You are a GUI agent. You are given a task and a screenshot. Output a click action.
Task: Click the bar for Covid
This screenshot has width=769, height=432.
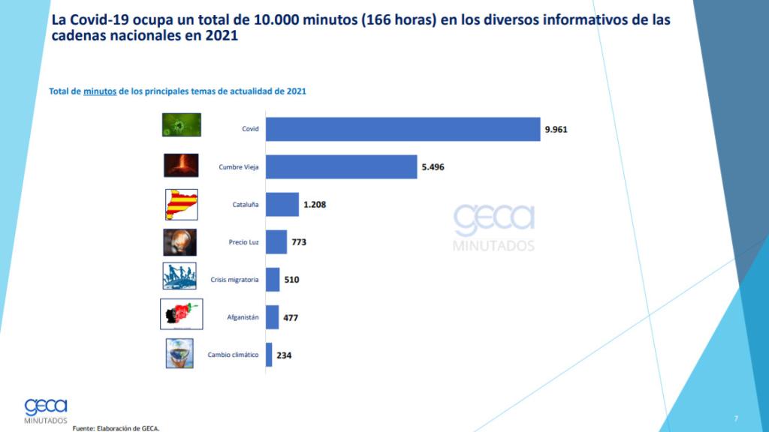click(x=403, y=129)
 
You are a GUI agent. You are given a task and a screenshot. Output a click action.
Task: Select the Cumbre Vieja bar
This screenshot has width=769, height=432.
click(x=341, y=166)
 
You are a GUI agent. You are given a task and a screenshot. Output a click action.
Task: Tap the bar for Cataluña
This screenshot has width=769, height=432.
click(x=282, y=204)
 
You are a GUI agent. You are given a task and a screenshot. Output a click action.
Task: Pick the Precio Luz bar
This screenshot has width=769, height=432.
click(x=276, y=242)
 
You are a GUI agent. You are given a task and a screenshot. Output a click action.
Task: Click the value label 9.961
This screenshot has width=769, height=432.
click(x=556, y=129)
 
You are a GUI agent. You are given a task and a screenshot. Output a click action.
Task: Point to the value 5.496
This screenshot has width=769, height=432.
click(x=433, y=166)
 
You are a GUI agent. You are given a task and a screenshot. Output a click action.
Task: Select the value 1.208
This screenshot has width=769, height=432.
click(x=314, y=204)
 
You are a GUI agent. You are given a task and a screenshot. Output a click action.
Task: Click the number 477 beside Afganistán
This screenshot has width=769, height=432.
click(x=291, y=318)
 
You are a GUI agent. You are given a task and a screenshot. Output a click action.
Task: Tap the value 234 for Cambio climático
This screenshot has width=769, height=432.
click(x=283, y=355)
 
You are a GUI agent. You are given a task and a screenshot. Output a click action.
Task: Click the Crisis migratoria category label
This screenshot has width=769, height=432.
click(x=234, y=280)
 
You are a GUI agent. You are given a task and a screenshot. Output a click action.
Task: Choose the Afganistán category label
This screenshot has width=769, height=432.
click(x=243, y=318)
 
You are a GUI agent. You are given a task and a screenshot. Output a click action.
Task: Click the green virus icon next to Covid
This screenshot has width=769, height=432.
click(x=181, y=124)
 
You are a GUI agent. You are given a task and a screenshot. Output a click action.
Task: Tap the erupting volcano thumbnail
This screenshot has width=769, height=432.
click(x=181, y=165)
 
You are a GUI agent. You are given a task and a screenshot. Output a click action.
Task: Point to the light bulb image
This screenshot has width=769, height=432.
click(x=179, y=242)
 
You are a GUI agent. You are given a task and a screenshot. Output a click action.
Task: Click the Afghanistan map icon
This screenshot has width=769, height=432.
click(x=181, y=314)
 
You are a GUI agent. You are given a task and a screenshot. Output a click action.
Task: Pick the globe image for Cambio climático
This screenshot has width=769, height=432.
click(x=179, y=353)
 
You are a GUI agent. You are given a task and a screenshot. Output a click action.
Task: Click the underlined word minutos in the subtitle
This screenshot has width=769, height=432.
click(x=100, y=91)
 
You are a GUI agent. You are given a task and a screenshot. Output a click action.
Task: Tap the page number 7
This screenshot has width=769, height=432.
click(x=736, y=417)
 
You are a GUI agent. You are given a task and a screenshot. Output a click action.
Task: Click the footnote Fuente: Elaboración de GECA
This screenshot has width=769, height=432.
click(x=116, y=428)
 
